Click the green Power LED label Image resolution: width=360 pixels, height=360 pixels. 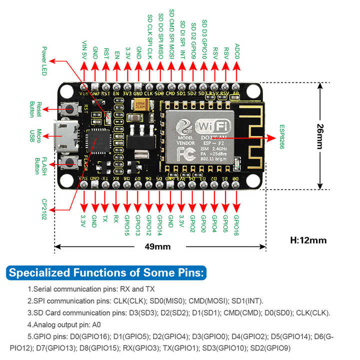pyautogui.click(x=44, y=61)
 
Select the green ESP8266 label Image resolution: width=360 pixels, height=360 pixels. pyautogui.click(x=281, y=137)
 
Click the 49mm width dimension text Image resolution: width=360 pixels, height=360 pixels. pyautogui.click(x=157, y=246)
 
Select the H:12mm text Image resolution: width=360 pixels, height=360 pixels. pyautogui.click(x=308, y=240)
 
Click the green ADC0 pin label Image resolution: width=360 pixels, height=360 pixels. pyautogui.click(x=237, y=51)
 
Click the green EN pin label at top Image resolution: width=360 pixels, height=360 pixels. pyautogui.click(x=116, y=54)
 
